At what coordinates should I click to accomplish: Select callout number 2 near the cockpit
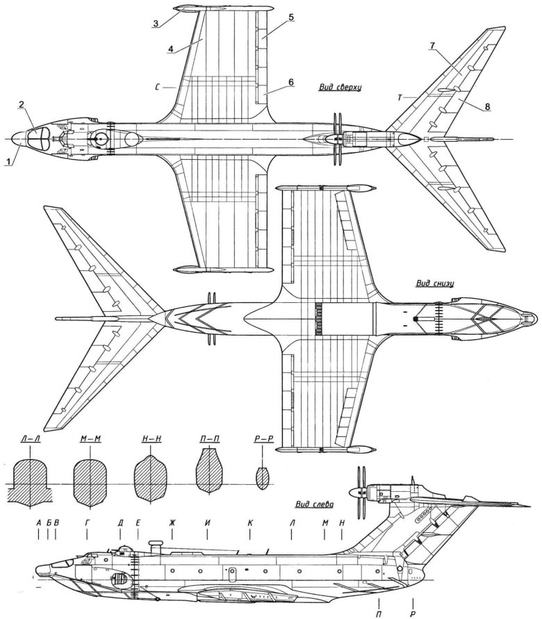22,104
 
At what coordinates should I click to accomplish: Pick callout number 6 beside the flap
291,82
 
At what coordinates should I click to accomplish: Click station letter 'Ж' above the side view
171,522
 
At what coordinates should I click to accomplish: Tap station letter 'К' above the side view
249,522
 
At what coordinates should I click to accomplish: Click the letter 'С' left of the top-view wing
160,88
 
